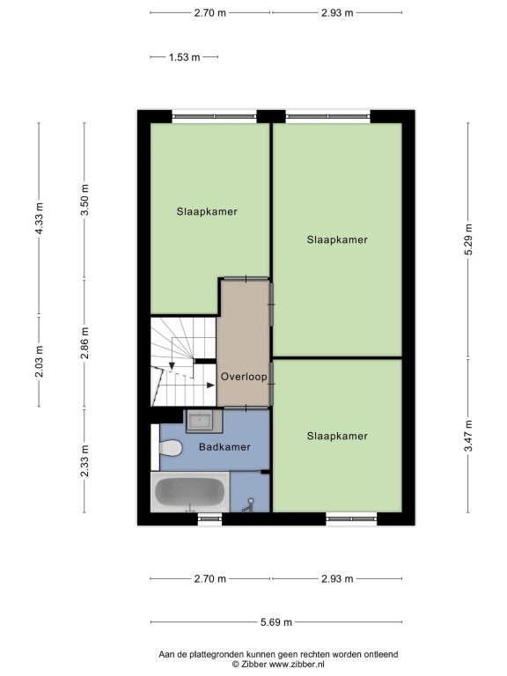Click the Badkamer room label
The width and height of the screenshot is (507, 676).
click(x=224, y=447)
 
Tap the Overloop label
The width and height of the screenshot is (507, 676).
click(x=244, y=377)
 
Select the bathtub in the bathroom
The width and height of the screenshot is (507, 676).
click(x=190, y=492)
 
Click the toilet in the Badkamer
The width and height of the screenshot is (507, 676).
click(x=170, y=447)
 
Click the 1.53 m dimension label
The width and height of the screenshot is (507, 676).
click(x=185, y=57)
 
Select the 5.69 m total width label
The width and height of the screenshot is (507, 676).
click(x=276, y=622)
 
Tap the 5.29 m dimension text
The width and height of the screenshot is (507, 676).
click(x=468, y=239)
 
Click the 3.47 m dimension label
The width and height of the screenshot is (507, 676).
click(x=468, y=436)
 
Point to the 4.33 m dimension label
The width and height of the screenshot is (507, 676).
click(x=40, y=218)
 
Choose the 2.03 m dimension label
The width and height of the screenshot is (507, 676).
click(x=40, y=361)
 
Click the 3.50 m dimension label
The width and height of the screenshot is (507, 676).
click(x=84, y=200)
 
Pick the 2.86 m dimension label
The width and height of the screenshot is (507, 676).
click(x=84, y=343)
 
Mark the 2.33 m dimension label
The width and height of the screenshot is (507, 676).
click(x=84, y=461)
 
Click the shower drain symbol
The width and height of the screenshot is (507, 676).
click(x=248, y=506)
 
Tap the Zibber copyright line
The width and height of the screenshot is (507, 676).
click(x=278, y=665)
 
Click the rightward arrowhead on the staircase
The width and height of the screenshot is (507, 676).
click(x=211, y=385)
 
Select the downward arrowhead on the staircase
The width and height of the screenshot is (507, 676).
click(x=172, y=366)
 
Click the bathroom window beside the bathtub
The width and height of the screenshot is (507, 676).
click(x=209, y=518)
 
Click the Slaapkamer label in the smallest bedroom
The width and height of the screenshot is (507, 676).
click(x=337, y=437)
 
